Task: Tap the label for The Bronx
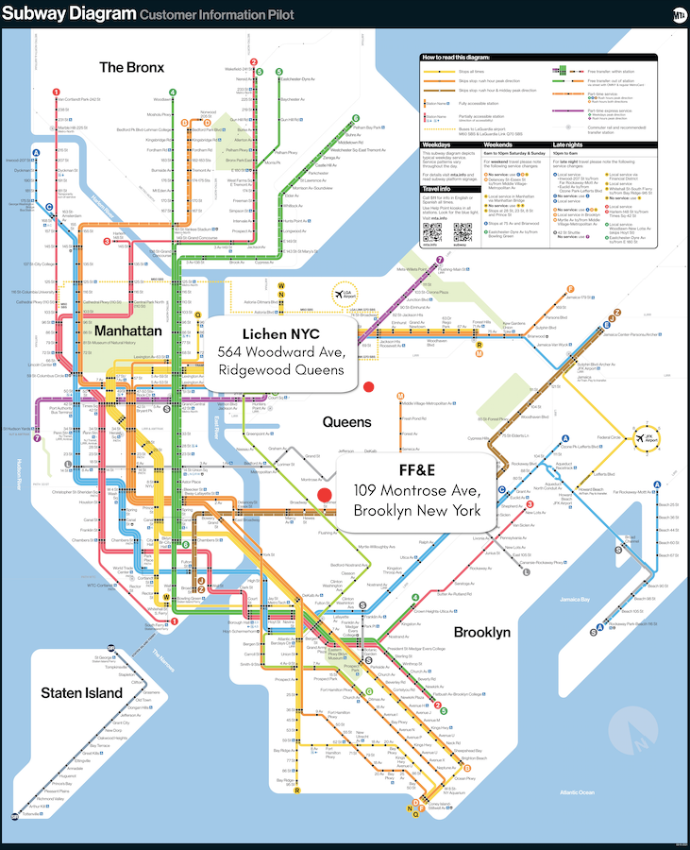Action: point(131,67)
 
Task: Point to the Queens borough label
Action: point(347,422)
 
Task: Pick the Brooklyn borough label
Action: point(482,632)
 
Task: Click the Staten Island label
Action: point(81,693)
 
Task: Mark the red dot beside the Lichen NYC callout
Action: point(370,386)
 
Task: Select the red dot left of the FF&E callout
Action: point(326,494)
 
